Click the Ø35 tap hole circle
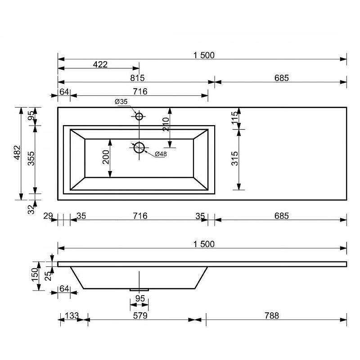click(x=139, y=117)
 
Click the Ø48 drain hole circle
click(x=139, y=147)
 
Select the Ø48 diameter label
click(x=161, y=154)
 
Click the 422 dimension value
click(x=100, y=65)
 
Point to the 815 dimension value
click(x=137, y=78)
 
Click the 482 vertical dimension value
click(x=17, y=153)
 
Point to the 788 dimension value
click(x=271, y=316)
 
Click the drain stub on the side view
click(x=139, y=289)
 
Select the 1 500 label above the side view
click(x=203, y=244)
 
